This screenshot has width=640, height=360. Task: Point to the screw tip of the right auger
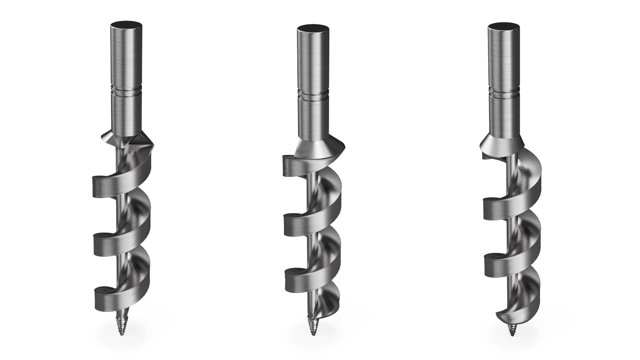point(510,330)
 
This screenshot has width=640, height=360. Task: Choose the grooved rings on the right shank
point(504,92)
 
